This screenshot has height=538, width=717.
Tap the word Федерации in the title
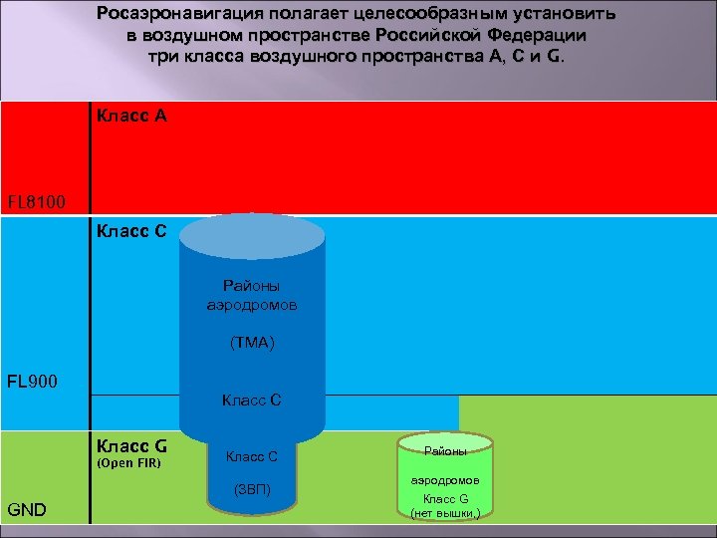click(x=537, y=35)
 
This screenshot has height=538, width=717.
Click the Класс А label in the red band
click(x=131, y=116)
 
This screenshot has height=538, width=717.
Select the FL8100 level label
click(x=37, y=203)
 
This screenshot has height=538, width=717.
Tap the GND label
click(x=28, y=510)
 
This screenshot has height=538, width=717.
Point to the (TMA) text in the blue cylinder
click(x=252, y=343)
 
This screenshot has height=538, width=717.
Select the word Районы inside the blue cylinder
click(x=252, y=286)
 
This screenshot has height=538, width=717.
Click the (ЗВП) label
click(x=251, y=489)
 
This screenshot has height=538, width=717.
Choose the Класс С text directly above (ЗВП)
click(x=251, y=457)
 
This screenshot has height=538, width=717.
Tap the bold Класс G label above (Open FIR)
click(x=131, y=445)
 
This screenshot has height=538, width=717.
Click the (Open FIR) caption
click(x=128, y=463)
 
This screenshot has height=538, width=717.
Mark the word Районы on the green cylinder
click(x=445, y=451)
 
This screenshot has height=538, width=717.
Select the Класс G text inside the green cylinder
click(x=445, y=498)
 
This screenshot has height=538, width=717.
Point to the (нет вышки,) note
click(x=445, y=513)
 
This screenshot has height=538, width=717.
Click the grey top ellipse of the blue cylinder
click(x=252, y=236)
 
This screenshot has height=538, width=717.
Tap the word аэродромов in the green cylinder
click(x=445, y=479)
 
